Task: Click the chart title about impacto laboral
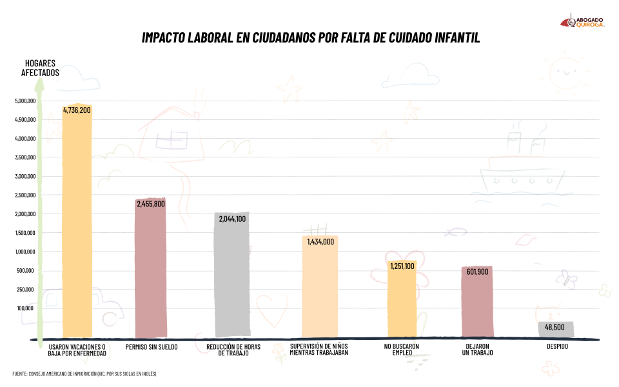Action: pos(311,38)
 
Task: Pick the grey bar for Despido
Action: pos(556,329)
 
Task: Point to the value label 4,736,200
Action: pos(77,110)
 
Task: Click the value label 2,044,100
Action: pos(232,219)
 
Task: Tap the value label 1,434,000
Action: pos(320,242)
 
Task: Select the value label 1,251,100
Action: pos(402,266)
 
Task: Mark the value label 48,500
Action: pos(555,328)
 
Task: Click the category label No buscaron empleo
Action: pos(402,350)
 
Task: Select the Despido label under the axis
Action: pos(557,346)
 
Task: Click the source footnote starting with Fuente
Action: pos(84,374)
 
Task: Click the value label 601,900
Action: pos(478,272)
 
